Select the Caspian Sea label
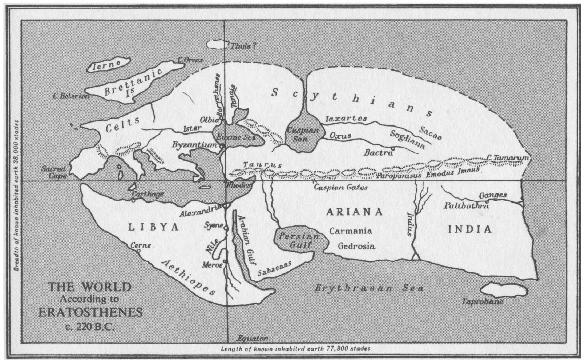[303, 134]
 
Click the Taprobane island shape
[504, 290]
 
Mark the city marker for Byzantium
[221, 146]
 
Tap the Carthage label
[148, 194]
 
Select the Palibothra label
[466, 206]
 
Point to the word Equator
[252, 338]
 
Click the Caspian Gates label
[340, 188]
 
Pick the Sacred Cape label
[53, 172]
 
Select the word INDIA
[469, 229]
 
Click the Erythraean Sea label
[368, 288]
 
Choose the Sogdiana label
[407, 139]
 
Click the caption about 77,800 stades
[295, 348]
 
